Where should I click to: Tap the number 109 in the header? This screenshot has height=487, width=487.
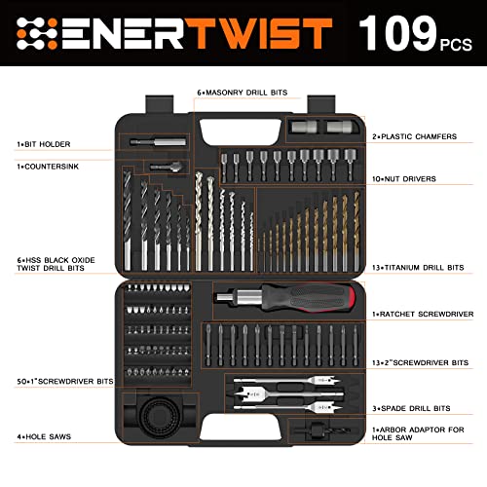click(398, 34)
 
